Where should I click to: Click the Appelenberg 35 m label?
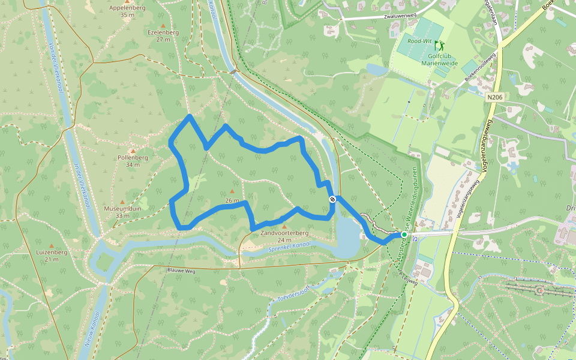[127, 11]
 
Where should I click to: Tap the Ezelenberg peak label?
[163, 36]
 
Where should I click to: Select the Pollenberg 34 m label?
[133, 161]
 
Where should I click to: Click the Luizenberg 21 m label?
[51, 256]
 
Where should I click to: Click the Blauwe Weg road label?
[181, 271]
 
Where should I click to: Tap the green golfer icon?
[439, 45]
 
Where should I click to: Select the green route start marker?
[404, 235]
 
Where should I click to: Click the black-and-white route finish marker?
[331, 199]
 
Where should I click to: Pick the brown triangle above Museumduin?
[122, 202]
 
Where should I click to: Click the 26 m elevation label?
[232, 200]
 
